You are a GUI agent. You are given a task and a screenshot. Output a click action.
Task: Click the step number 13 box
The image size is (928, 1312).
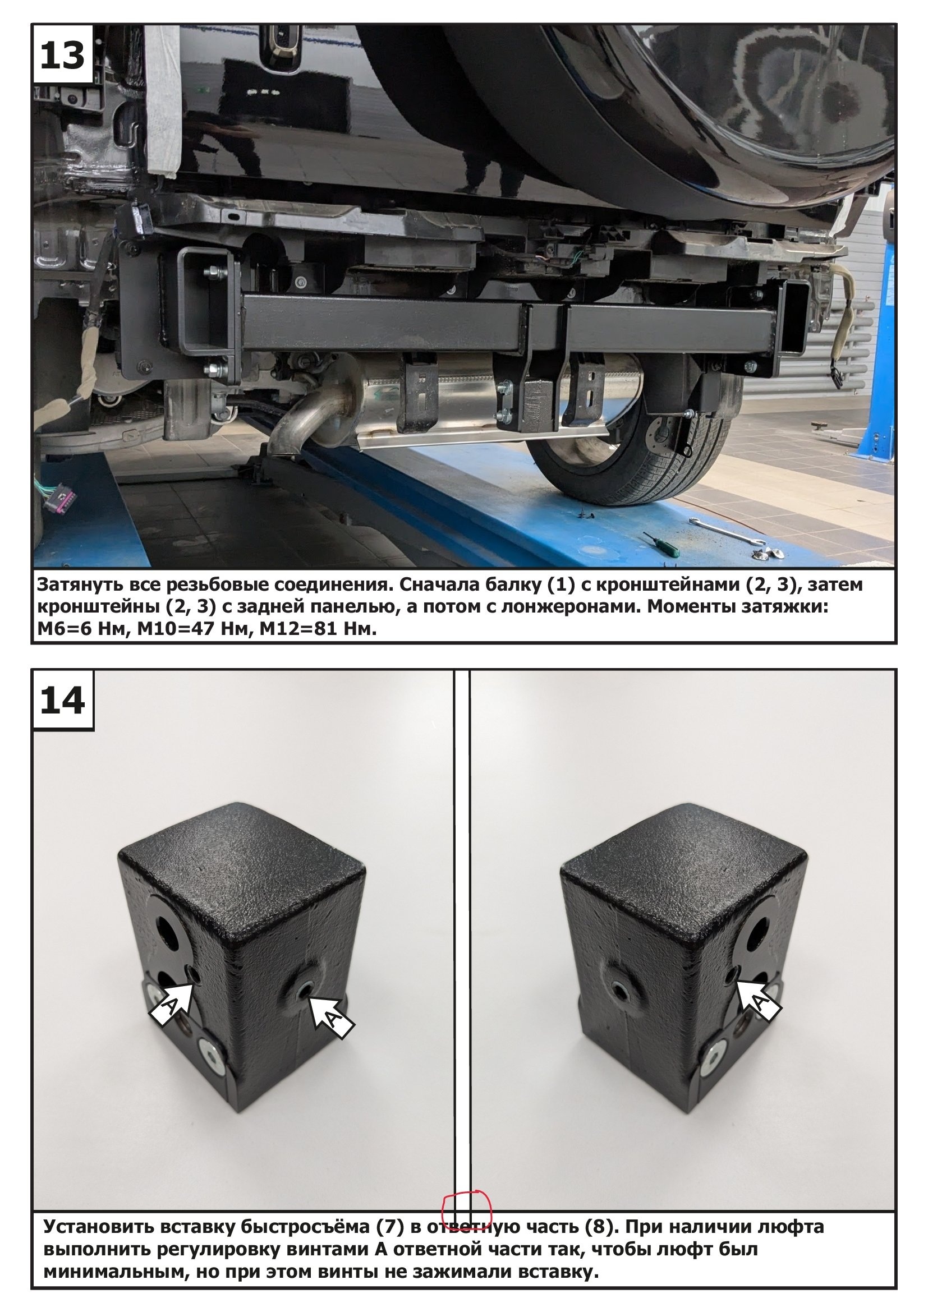click(63, 55)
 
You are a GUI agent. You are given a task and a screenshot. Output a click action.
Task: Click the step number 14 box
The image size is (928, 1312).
click(63, 700)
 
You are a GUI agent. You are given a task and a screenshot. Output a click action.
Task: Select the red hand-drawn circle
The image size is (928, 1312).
click(467, 1210)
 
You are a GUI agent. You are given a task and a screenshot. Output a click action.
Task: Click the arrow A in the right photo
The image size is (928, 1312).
click(757, 1000)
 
